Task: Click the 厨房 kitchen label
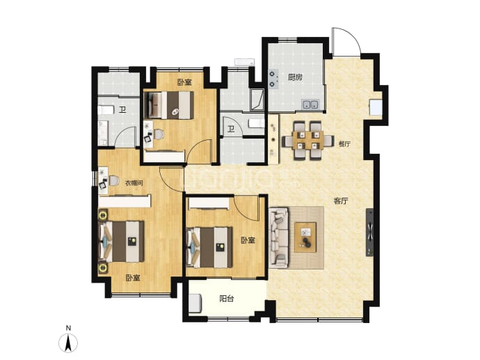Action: pyautogui.click(x=295, y=77)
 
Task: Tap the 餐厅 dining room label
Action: pyautogui.click(x=344, y=143)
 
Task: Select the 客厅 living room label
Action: pyautogui.click(x=341, y=201)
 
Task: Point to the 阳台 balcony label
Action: pyautogui.click(x=227, y=299)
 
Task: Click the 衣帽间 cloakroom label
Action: pyautogui.click(x=134, y=183)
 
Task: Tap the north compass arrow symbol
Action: pyautogui.click(x=68, y=342)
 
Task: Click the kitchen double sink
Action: pyautogui.click(x=310, y=104)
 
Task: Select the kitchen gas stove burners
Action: pyautogui.click(x=273, y=79)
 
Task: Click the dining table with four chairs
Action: pyautogui.click(x=308, y=141)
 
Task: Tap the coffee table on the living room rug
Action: pyautogui.click(x=305, y=237)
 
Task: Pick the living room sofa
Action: pyautogui.click(x=278, y=237)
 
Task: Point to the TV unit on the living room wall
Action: pyautogui.click(x=370, y=233)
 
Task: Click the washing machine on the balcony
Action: pyautogui.click(x=195, y=304)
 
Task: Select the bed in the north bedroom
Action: pyautogui.click(x=169, y=105)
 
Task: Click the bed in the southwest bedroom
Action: pyautogui.click(x=122, y=241)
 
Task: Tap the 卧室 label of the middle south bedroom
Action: pyautogui.click(x=248, y=240)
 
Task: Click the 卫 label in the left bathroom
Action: pyautogui.click(x=122, y=110)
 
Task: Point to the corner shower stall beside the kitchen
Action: pyautogui.click(x=257, y=100)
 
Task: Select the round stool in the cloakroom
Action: pyautogui.click(x=114, y=181)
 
